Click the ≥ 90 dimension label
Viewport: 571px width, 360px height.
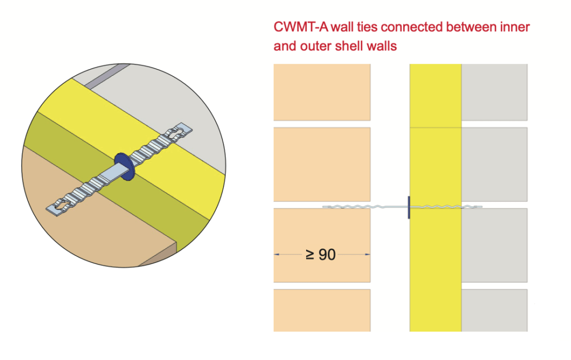coord(321,255)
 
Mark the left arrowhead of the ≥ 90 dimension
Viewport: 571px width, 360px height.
coord(277,255)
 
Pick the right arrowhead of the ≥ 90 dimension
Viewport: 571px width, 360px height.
coord(367,255)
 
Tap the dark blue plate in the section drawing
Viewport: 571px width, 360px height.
coord(409,207)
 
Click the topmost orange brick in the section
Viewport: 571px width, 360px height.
coord(322,91)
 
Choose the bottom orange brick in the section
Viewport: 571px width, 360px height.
coord(322,310)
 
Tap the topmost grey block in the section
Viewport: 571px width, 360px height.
coord(494,91)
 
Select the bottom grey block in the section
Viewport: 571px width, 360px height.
coord(494,310)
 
